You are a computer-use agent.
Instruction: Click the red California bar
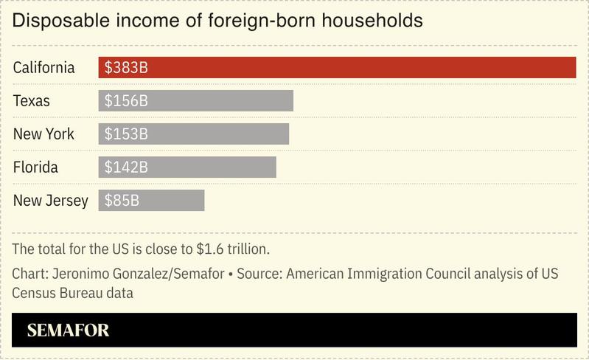point(337,67)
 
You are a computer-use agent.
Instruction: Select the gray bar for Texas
point(196,100)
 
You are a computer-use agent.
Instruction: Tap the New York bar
point(194,134)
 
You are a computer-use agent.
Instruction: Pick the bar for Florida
point(187,167)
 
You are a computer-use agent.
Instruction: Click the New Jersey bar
point(151,200)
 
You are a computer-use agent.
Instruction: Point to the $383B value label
point(126,67)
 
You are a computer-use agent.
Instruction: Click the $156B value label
point(126,100)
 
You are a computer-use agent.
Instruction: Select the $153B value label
point(126,134)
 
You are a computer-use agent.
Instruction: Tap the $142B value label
point(126,167)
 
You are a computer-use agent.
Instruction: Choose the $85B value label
point(122,200)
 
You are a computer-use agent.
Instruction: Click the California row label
point(43,67)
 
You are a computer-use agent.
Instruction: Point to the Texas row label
point(32,100)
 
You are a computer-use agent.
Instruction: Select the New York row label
point(43,134)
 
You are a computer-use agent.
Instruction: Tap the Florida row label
point(35,167)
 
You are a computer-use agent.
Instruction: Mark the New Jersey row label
point(50,200)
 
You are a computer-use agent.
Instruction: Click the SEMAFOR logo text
point(68,330)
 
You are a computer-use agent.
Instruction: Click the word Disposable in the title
point(55,21)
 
